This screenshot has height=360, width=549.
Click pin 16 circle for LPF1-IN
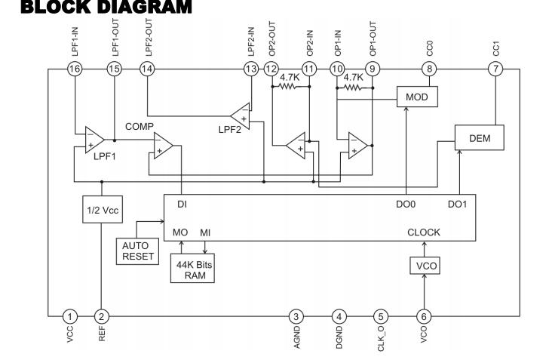click(x=75, y=69)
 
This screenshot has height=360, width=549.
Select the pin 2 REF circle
click(x=102, y=317)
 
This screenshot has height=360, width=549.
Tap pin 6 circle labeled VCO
click(x=424, y=317)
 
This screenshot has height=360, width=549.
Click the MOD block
click(x=417, y=97)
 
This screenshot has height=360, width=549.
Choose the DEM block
click(x=480, y=138)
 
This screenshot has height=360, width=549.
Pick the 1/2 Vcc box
click(x=103, y=209)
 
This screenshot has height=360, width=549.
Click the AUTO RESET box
click(x=137, y=251)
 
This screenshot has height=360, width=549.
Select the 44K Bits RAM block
click(x=192, y=268)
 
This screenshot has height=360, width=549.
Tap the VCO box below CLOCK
click(x=425, y=266)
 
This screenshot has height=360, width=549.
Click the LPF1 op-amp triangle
click(x=94, y=140)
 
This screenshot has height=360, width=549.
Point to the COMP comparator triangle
click(x=162, y=146)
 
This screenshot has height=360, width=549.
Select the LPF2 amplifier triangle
click(x=241, y=116)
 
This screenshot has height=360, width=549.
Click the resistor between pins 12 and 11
click(x=290, y=86)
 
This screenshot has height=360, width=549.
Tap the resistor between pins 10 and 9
click(x=354, y=88)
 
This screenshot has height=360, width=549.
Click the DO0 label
click(x=406, y=204)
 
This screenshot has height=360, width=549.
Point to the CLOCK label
click(x=424, y=232)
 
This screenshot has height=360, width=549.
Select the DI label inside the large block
click(x=182, y=204)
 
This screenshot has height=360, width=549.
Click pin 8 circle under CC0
click(x=429, y=69)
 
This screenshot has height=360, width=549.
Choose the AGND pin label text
click(x=296, y=337)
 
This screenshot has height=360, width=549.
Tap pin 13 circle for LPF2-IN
click(x=251, y=69)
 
